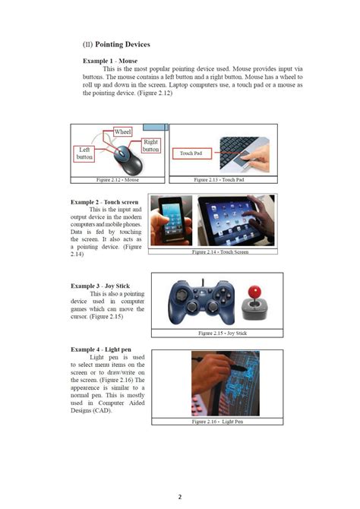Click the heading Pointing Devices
point(122,45)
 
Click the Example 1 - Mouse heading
point(110,59)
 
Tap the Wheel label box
point(123,132)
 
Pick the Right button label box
point(151,145)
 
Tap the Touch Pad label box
point(191,153)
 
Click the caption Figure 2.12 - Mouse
point(118,180)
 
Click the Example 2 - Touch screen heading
point(105,202)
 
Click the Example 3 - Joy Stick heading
point(100,286)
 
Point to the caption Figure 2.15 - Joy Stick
point(223,334)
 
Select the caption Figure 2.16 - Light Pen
point(218,421)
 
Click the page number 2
point(180,497)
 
